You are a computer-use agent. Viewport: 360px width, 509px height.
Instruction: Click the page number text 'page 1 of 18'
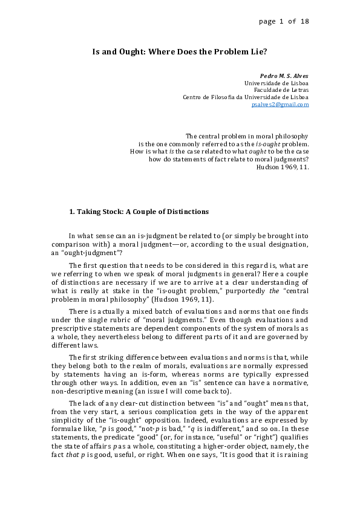[x=283, y=21]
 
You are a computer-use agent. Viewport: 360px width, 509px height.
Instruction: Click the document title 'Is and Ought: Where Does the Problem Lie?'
[x=179, y=52]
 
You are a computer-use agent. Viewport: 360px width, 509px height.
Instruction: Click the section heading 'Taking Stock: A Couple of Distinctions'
[x=143, y=212]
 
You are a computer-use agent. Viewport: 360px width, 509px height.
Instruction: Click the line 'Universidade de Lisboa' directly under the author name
[x=276, y=83]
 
